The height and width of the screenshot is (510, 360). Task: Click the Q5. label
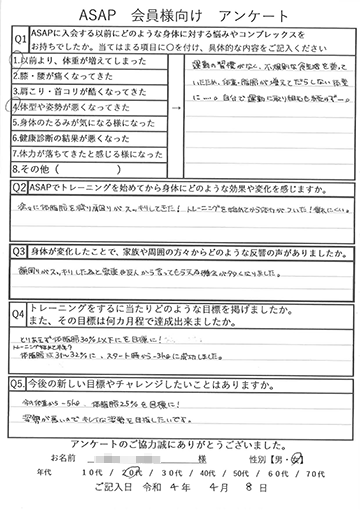coord(21,380)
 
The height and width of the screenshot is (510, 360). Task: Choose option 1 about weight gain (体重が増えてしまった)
coord(75,71)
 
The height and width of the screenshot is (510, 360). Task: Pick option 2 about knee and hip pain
coord(75,87)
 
